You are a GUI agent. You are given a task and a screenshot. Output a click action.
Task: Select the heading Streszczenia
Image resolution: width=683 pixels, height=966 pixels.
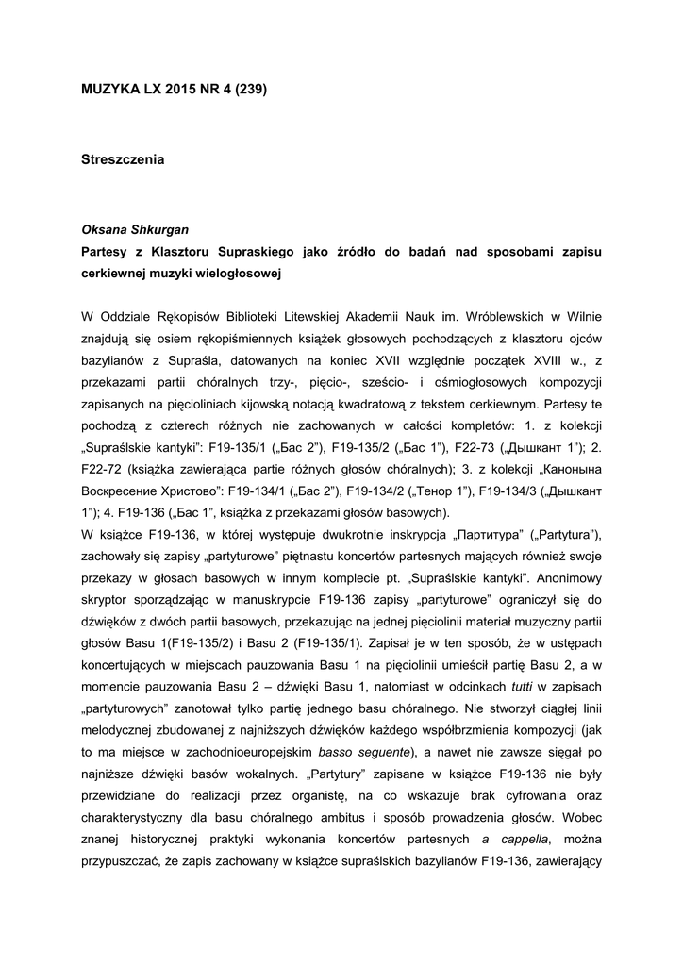(x=123, y=160)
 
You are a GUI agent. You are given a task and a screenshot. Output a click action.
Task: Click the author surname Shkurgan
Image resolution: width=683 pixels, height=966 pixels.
(x=163, y=230)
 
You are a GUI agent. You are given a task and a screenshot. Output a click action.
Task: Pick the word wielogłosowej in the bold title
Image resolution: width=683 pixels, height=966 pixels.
(x=240, y=274)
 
